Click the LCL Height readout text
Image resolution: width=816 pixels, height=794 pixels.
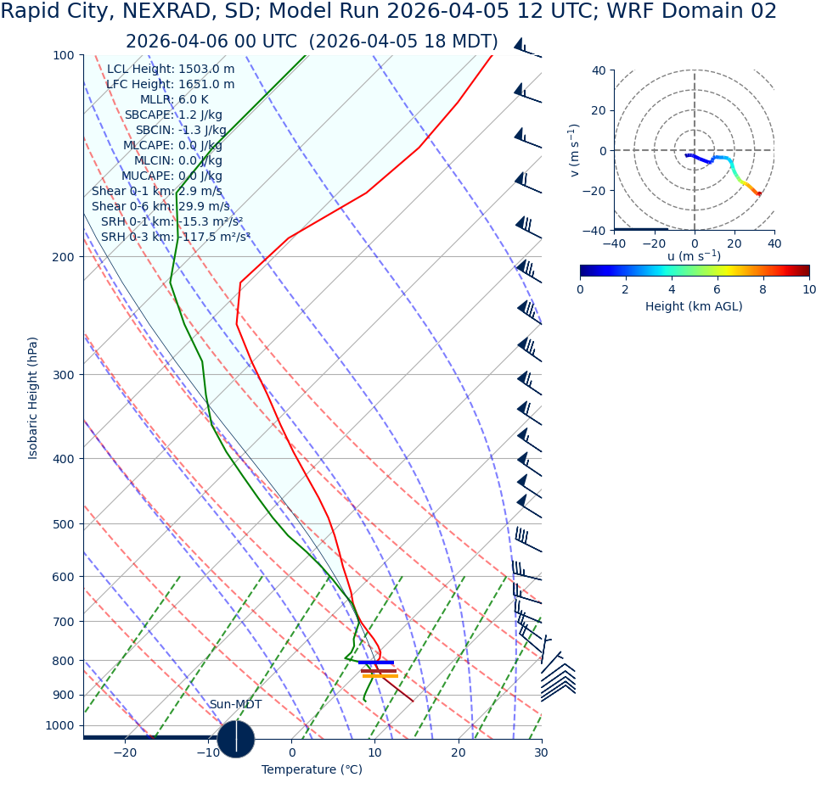171,69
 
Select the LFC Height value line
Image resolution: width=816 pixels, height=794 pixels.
170,84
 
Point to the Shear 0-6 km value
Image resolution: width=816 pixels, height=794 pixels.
160,206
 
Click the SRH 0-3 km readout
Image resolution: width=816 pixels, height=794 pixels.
176,237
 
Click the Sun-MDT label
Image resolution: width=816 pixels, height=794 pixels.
235,704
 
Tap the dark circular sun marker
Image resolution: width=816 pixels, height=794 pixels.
236,738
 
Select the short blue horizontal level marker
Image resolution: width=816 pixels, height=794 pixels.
376,663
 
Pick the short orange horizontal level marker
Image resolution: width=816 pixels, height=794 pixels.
380,676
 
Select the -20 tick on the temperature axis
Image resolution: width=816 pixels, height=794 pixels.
125,752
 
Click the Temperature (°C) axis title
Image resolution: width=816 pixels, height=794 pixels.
312,769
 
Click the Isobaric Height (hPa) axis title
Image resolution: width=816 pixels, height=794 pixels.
33,398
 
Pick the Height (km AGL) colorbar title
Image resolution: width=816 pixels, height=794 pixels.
694,306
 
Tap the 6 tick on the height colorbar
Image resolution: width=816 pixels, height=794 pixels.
718,289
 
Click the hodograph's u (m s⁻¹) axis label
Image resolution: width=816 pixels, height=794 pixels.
694,256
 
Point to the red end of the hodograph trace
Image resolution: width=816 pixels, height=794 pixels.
759,194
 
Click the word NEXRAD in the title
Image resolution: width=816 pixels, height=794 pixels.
177,12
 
